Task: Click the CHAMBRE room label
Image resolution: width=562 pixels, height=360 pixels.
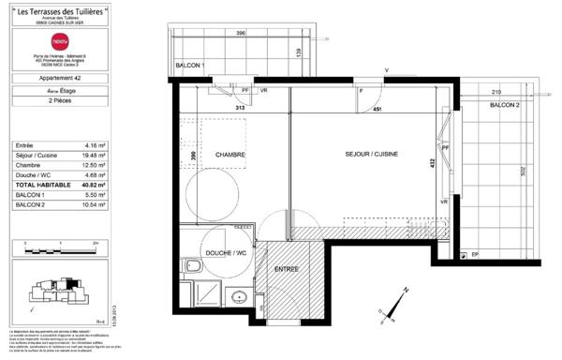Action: [x=229, y=156]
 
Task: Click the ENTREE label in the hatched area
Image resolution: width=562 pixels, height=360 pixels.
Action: [x=287, y=270]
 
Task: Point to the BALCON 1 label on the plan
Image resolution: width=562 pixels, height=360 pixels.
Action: [x=191, y=66]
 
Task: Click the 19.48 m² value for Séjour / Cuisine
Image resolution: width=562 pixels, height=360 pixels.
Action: [x=91, y=156]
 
